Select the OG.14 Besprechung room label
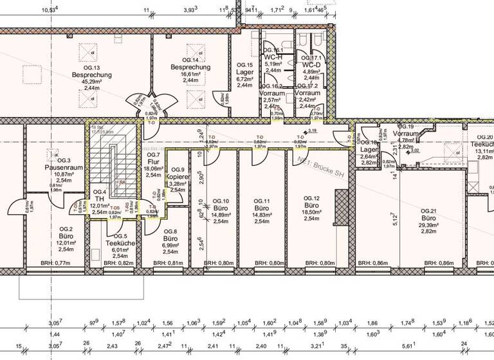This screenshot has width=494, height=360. [x=190, y=67]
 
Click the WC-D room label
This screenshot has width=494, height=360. [x=311, y=64]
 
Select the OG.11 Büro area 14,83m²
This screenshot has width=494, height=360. [x=261, y=215]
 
